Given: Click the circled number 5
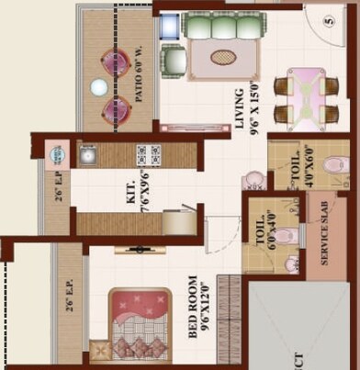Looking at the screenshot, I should (x=329, y=20).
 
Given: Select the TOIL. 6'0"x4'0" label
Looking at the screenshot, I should (x=265, y=227).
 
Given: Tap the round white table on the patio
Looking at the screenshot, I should (x=98, y=87).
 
